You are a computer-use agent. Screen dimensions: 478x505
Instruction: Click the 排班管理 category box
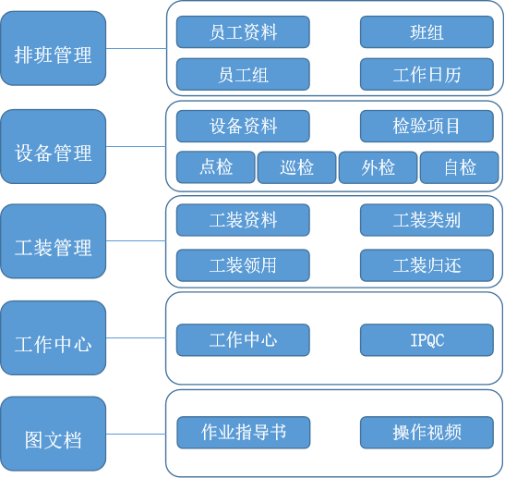(54, 55)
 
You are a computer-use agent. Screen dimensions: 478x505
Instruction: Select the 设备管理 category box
(54, 153)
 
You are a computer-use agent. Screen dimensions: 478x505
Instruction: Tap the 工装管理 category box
(54, 248)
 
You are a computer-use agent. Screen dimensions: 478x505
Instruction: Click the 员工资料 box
(243, 32)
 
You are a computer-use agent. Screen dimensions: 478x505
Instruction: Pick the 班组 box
(427, 32)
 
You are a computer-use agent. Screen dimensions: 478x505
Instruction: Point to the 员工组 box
(243, 75)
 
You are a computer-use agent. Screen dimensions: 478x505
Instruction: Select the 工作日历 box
(427, 75)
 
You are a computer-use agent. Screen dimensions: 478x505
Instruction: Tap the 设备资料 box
(243, 126)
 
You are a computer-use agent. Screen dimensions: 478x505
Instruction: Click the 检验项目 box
(427, 126)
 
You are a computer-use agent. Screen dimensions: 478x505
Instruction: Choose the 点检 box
(215, 167)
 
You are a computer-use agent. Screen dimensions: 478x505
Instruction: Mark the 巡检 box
(296, 167)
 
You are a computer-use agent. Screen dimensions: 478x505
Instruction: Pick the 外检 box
(378, 167)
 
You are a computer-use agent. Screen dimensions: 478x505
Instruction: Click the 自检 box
(459, 167)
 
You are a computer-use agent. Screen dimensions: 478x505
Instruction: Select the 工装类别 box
(427, 220)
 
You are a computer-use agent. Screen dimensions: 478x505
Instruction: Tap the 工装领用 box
(243, 265)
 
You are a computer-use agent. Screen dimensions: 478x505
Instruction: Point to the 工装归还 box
(427, 265)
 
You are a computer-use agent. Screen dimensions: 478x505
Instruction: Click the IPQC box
(427, 339)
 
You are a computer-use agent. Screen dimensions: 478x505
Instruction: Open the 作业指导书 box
(243, 431)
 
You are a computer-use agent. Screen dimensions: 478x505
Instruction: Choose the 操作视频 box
(427, 432)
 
